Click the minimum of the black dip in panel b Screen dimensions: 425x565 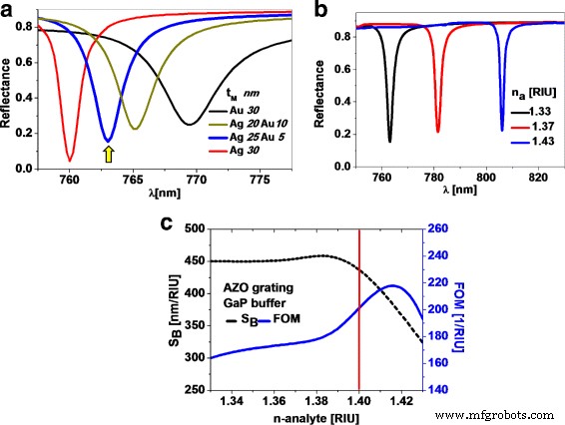point(389,141)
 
